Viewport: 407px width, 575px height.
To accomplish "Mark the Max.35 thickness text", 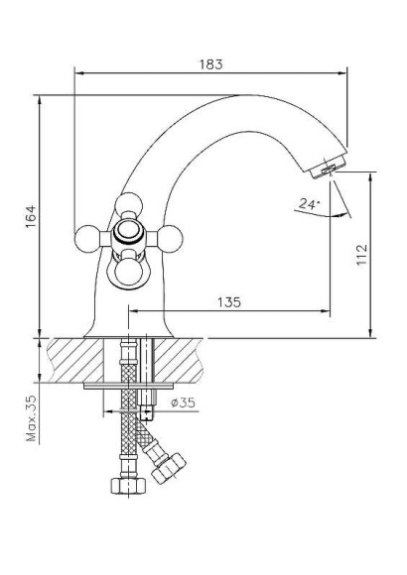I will coord(32,417).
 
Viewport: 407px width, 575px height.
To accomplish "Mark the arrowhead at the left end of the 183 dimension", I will coord(80,70).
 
